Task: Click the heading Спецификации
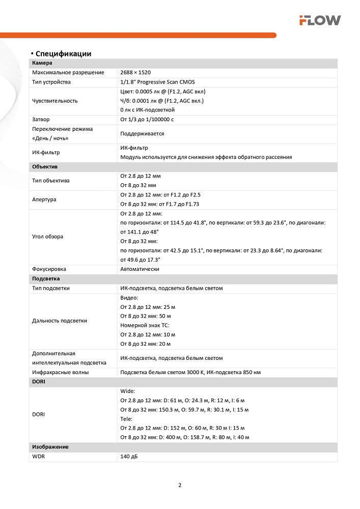tap(63, 53)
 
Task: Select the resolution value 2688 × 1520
tap(135, 73)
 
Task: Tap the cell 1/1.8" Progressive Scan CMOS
tap(157, 82)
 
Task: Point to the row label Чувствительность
tap(55, 101)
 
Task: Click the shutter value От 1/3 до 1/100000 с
tap(147, 120)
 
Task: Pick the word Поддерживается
tap(142, 133)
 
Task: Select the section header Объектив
tap(45, 167)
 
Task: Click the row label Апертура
tap(44, 200)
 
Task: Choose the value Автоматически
tap(140, 269)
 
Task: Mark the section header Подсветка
tap(46, 279)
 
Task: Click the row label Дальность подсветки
tap(60, 321)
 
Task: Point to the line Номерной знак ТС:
tap(145, 325)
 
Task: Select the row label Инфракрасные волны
tap(60, 373)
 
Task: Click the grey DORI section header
tap(39, 382)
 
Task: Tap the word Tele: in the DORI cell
tap(126, 419)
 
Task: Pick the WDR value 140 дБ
tap(129, 457)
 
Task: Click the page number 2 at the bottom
tap(180, 485)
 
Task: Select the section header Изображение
tap(50, 447)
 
